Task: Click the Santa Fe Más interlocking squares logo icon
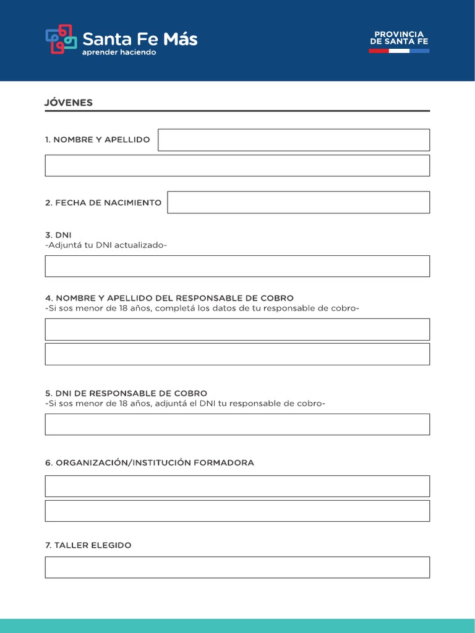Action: tap(61, 40)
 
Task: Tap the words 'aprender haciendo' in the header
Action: tap(119, 53)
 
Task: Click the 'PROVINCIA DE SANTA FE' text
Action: tap(399, 38)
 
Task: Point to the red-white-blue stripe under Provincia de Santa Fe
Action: tap(399, 51)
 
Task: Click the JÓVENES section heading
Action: tap(69, 103)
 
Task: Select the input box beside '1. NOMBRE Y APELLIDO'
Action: tap(293, 140)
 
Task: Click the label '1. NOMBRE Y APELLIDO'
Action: tap(97, 140)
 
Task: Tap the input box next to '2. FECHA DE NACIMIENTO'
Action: tap(298, 202)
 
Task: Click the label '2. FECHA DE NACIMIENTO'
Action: tap(103, 203)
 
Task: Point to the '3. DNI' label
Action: tap(58, 235)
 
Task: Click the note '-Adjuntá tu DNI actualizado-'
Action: tap(106, 245)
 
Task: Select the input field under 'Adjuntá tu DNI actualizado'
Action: tap(237, 266)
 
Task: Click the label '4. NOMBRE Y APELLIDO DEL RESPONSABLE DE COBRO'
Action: tap(169, 298)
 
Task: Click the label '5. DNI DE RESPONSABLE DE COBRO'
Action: tap(126, 393)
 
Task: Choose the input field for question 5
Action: tap(237, 424)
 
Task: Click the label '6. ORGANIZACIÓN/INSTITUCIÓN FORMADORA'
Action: tap(149, 463)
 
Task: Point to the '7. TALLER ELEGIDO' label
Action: tap(88, 545)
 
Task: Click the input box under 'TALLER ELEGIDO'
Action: tap(237, 567)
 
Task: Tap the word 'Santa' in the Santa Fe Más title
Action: tap(103, 40)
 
